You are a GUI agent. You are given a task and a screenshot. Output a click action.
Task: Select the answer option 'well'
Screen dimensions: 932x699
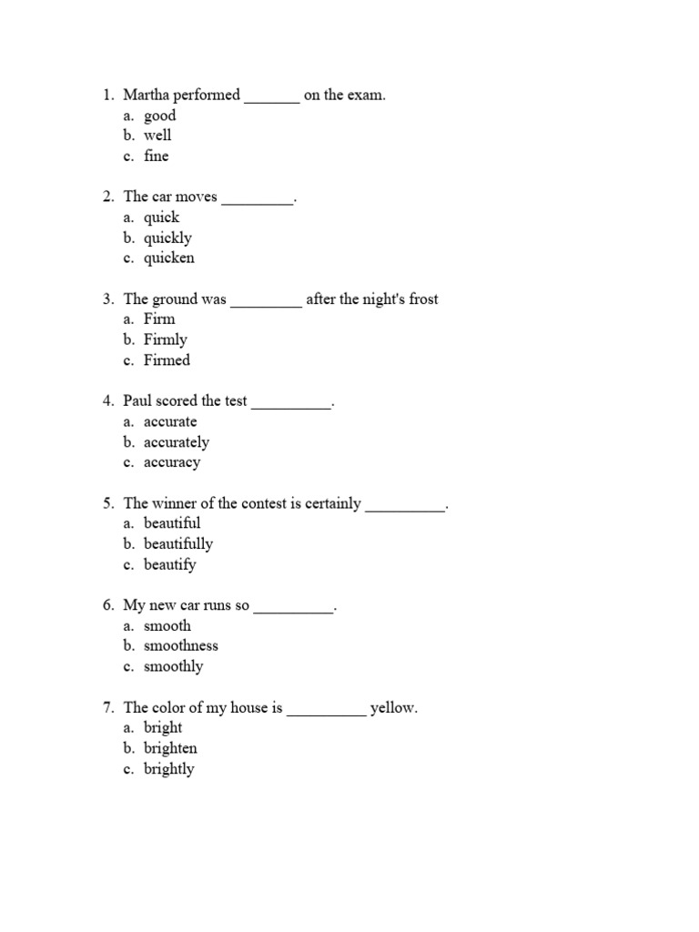click(x=157, y=136)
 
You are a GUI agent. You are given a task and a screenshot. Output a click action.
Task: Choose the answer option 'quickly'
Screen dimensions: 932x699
click(x=167, y=238)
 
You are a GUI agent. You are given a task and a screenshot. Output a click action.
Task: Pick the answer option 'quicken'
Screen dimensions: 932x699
click(x=168, y=258)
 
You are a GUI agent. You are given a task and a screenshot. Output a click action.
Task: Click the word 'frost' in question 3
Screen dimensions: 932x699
click(x=423, y=299)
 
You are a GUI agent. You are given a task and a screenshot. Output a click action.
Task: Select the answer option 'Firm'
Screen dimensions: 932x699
click(x=159, y=319)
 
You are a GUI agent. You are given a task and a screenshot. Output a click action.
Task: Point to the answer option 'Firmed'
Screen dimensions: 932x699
click(x=167, y=360)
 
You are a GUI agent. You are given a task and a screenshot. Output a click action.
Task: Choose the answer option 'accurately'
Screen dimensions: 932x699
click(x=177, y=443)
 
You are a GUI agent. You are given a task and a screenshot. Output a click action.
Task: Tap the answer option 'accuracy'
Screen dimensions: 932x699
click(x=172, y=463)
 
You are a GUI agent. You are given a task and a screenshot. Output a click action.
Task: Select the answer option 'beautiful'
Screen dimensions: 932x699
click(x=172, y=523)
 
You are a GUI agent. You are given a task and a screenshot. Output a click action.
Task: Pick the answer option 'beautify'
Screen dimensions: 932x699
click(x=169, y=565)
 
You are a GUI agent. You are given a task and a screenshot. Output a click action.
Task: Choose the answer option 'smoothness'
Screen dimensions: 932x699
click(x=181, y=646)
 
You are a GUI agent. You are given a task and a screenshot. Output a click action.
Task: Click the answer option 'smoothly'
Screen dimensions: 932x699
click(x=173, y=667)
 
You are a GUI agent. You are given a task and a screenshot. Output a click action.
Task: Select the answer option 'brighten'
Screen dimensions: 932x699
click(x=170, y=749)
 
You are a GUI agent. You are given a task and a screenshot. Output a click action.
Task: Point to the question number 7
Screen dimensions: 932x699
click(x=107, y=708)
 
